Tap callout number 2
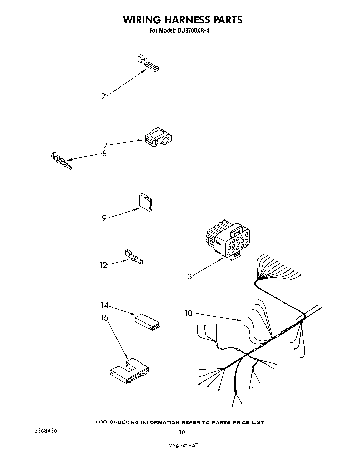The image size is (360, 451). [103, 96]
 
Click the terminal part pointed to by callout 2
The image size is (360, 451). [148, 63]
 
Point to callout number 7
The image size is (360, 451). [106, 145]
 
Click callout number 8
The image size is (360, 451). [104, 154]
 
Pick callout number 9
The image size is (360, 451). [104, 218]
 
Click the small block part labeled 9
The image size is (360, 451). [145, 203]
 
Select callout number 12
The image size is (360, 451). [103, 265]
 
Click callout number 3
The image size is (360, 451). [190, 276]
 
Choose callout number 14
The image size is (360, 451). [104, 305]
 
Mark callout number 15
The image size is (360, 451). [104, 317]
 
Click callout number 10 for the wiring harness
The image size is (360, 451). [188, 313]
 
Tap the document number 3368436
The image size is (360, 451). [46, 431]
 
